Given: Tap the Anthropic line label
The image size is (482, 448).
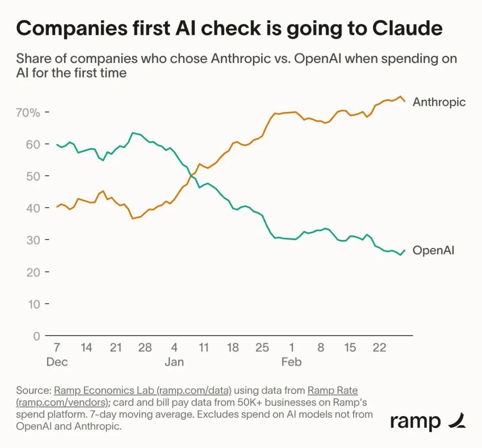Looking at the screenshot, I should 439,102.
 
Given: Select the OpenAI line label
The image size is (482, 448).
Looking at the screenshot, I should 433,250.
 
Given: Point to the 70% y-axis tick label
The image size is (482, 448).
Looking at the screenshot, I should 28,112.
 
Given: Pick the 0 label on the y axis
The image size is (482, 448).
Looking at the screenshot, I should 36,336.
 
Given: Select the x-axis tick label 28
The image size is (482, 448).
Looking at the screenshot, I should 145,347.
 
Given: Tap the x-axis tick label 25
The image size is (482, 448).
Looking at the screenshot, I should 262,347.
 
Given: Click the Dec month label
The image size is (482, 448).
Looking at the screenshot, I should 57,362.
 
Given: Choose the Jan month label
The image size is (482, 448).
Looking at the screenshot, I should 174,362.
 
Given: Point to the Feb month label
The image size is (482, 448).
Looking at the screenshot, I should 291,362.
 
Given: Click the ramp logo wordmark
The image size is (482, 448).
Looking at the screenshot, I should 415,421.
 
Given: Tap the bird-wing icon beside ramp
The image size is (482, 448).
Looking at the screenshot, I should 456,420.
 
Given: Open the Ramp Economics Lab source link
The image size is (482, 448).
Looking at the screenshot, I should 143,390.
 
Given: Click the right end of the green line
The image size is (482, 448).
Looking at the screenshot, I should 405,251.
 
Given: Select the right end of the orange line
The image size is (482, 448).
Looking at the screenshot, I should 405,101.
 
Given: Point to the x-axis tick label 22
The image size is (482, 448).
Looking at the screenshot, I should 379,347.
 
